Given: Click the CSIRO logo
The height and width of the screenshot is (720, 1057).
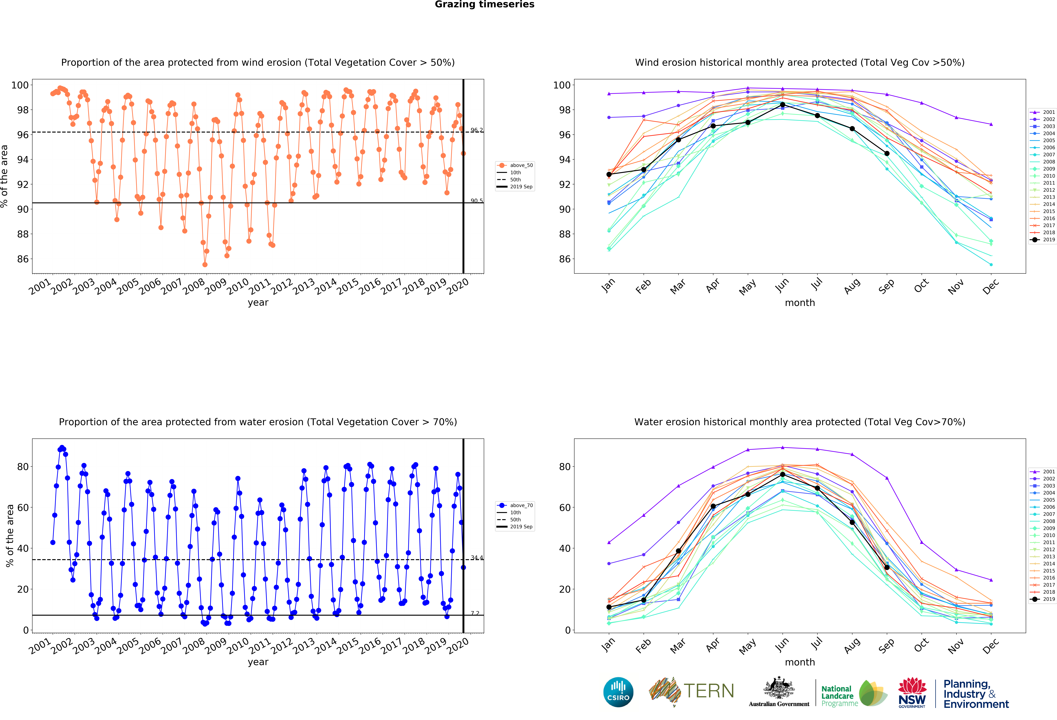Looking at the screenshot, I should [618, 692].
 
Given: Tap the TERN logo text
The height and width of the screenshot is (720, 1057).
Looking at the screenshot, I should [709, 691].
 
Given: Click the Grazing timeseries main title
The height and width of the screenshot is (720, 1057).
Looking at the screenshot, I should [484, 5].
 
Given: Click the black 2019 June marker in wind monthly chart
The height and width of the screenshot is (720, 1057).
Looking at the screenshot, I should [782, 105].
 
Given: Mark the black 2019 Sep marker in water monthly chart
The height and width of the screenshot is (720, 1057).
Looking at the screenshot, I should [886, 567].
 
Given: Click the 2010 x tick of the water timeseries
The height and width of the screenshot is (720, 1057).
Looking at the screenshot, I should [238, 646].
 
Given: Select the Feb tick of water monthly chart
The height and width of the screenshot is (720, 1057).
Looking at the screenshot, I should [643, 646].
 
